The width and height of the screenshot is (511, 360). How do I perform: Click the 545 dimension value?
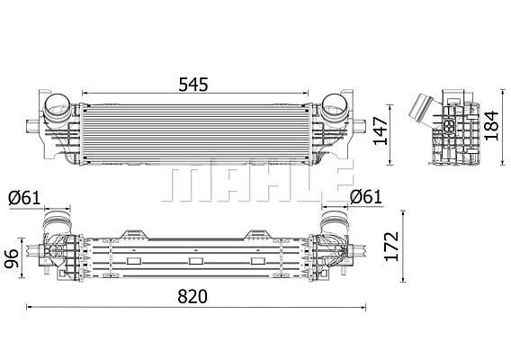point(193,85)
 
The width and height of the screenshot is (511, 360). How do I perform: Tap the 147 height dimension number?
point(381,130)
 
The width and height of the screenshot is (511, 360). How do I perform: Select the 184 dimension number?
point(491,125)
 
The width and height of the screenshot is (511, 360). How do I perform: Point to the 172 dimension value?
point(391,247)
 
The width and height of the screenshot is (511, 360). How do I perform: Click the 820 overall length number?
point(193,296)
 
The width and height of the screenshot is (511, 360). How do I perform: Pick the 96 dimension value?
point(12,258)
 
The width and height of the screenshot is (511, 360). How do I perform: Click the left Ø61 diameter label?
point(24,198)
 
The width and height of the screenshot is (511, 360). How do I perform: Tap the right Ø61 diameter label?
point(365,197)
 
